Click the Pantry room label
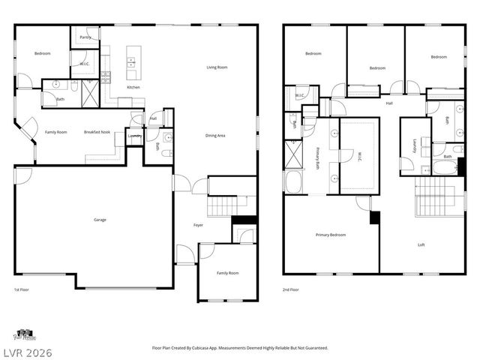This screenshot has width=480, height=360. (x=85, y=37)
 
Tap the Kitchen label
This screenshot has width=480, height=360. (x=133, y=88)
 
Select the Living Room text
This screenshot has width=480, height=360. (x=217, y=67)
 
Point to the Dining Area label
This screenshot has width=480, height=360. (x=216, y=136)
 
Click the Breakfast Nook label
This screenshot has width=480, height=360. (x=97, y=132)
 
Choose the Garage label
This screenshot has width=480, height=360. (x=99, y=220)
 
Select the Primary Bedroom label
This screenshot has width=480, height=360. (x=331, y=235)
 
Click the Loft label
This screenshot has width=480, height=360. (x=421, y=244)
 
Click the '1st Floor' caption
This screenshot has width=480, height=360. (x=22, y=289)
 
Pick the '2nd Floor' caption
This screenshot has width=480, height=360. (x=290, y=289)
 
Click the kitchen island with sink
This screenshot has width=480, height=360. (x=133, y=64)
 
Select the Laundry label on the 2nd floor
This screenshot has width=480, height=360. (x=413, y=145)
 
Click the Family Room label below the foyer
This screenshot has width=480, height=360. (x=228, y=273)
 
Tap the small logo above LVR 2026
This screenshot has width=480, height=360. (x=24, y=334)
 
